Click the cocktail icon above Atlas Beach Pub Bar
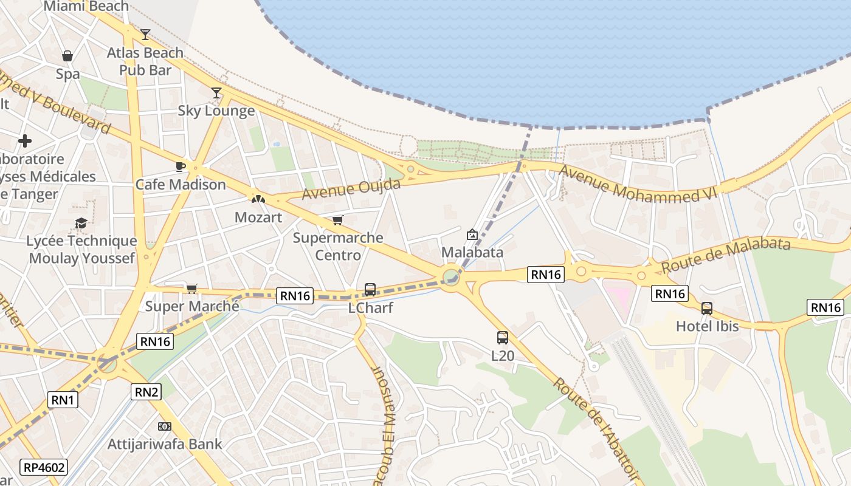(145, 35)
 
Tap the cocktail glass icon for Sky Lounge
(216, 93)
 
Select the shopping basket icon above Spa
(67, 56)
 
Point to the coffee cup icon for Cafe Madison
(181, 166)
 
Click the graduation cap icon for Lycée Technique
(81, 224)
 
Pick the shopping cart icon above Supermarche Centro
(337, 220)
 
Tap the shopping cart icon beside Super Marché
(191, 289)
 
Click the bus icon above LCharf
(370, 290)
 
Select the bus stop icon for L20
(502, 338)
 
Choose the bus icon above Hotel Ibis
(706, 308)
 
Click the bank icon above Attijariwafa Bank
(164, 426)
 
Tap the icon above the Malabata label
(472, 234)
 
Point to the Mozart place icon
(258, 199)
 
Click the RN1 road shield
(63, 400)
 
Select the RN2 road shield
(146, 392)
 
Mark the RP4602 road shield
(44, 467)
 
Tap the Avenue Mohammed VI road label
(638, 183)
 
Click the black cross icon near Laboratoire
(25, 141)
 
